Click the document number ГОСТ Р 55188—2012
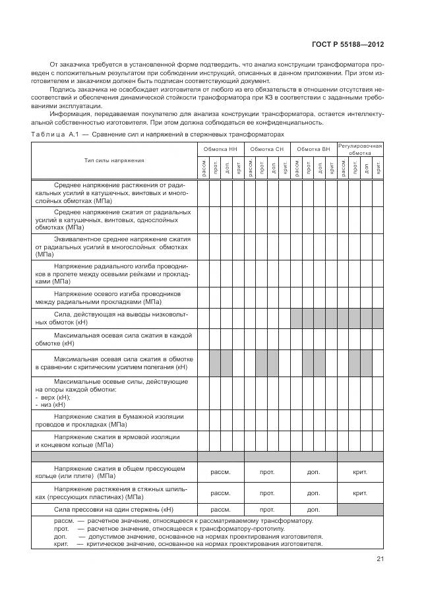click(x=347, y=44)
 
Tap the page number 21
click(x=380, y=559)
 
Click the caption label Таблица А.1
click(x=53, y=134)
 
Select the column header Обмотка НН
click(x=220, y=150)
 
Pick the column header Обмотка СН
click(x=267, y=150)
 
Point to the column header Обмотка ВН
click(x=313, y=150)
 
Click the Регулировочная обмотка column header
click(x=360, y=149)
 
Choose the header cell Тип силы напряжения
click(x=114, y=160)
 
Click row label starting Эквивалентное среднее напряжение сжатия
click(x=114, y=246)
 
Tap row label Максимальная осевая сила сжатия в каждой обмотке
click(x=114, y=339)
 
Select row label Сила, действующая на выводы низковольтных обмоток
click(x=114, y=318)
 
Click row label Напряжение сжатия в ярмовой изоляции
click(x=114, y=440)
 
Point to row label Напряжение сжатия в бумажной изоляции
click(x=114, y=421)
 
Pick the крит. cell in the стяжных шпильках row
click(x=360, y=493)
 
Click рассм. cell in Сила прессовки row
click(x=220, y=509)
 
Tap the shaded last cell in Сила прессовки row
click(x=360, y=509)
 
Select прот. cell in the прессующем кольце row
click(x=267, y=472)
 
